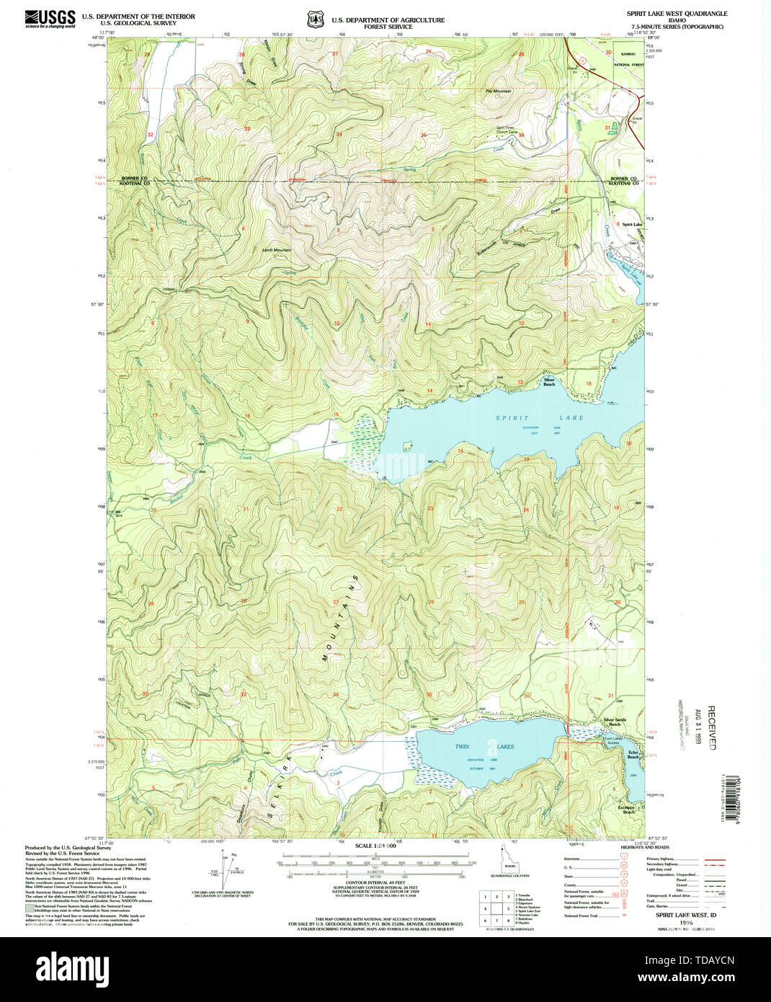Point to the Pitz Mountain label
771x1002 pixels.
[x=498, y=92]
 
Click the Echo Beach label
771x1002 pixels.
[x=632, y=754]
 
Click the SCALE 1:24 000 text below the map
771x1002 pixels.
[x=375, y=845]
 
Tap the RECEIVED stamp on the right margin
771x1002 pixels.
[x=711, y=728]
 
